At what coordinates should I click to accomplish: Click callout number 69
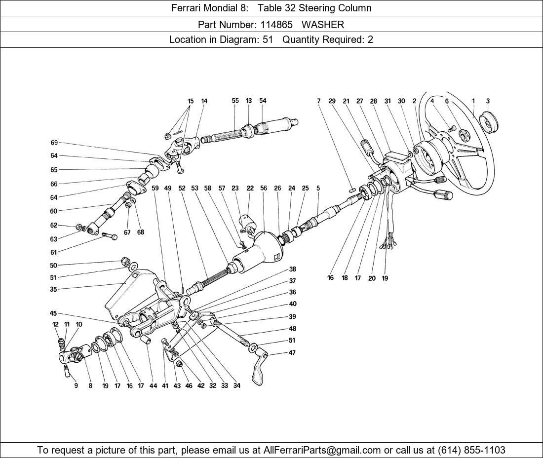(x=54, y=143)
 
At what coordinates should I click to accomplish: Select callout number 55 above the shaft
(x=235, y=101)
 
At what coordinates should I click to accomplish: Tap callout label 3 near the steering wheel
(x=488, y=101)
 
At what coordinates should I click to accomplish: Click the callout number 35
(x=53, y=290)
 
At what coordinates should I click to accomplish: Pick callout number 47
(x=292, y=353)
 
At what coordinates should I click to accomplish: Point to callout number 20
(x=372, y=278)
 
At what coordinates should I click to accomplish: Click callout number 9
(x=76, y=386)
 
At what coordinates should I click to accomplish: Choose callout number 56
(x=264, y=188)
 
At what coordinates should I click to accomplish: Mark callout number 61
(x=53, y=253)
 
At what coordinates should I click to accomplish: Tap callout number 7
(x=319, y=101)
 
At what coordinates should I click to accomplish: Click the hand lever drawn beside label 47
(x=259, y=370)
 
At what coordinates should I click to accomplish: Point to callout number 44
(x=153, y=386)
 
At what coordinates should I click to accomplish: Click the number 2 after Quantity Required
(x=370, y=39)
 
